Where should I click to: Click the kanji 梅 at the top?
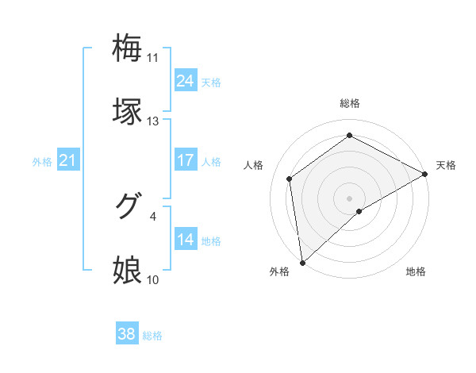(x=128, y=48)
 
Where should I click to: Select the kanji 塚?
(x=128, y=111)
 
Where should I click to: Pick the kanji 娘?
(x=128, y=270)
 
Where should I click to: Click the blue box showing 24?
(x=186, y=80)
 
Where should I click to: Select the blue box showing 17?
(x=186, y=160)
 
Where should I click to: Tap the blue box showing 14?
(x=186, y=239)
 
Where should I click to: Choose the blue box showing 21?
(x=68, y=160)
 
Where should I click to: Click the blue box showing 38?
(x=127, y=334)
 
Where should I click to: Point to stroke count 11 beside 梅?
(x=153, y=58)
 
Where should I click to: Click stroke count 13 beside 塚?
(x=153, y=121)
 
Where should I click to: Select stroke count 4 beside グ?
(x=153, y=215)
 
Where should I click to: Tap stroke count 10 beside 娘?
(x=153, y=279)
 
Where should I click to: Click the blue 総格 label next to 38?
(x=152, y=336)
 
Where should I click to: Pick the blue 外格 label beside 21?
(x=42, y=162)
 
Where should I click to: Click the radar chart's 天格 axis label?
(x=446, y=165)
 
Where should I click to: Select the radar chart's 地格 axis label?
(x=416, y=271)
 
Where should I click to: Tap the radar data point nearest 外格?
(x=302, y=262)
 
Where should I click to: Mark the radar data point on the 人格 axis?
(x=290, y=179)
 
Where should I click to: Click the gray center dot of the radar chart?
(x=349, y=198)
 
